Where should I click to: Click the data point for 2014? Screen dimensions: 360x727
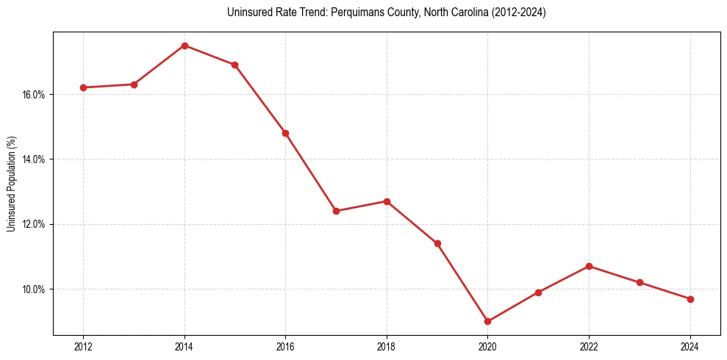click(x=185, y=46)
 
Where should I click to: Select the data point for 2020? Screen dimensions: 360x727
click(x=487, y=321)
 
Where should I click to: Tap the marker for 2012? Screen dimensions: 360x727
click(x=83, y=87)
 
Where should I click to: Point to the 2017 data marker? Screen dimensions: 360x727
click(x=336, y=211)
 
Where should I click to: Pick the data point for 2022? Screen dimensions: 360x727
click(x=589, y=266)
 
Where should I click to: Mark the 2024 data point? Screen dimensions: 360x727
click(x=690, y=299)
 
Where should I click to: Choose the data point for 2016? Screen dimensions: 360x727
click(x=285, y=133)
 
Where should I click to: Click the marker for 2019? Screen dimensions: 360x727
click(x=437, y=243)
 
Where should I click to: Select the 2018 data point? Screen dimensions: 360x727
click(x=387, y=201)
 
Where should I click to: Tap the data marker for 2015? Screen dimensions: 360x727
click(x=234, y=65)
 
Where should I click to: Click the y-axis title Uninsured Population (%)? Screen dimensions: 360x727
click(x=11, y=184)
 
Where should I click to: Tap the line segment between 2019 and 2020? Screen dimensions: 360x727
click(x=462, y=282)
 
